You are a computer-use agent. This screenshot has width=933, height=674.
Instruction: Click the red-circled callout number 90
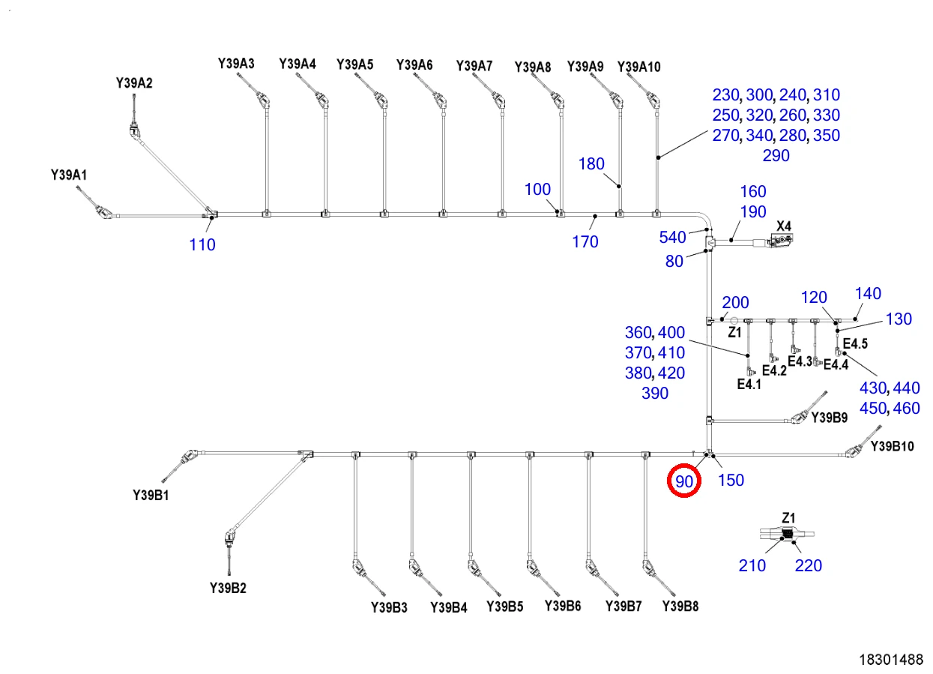pyautogui.click(x=684, y=481)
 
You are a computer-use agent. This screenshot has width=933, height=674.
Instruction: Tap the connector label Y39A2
pyautogui.click(x=134, y=83)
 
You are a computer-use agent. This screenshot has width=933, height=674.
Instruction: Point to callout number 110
pyautogui.click(x=202, y=244)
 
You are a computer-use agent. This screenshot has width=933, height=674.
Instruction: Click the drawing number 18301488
pyautogui.click(x=891, y=660)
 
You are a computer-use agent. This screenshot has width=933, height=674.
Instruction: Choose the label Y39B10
pyautogui.click(x=893, y=446)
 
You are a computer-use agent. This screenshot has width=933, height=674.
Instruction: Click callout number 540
pyautogui.click(x=672, y=237)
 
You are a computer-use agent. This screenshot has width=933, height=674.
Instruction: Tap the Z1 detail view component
pyautogui.click(x=787, y=534)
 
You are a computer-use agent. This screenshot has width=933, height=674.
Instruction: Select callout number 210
pyautogui.click(x=752, y=565)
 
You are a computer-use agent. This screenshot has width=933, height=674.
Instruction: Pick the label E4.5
pyautogui.click(x=856, y=343)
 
